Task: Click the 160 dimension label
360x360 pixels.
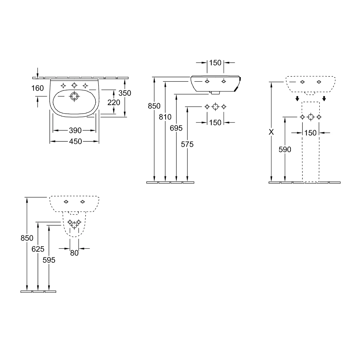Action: [x=38, y=88]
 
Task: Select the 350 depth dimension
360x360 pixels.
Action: [x=125, y=93]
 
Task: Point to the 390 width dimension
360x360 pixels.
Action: [x=75, y=130]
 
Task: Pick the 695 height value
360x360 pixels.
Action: [x=176, y=128]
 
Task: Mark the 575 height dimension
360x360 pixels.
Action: [x=188, y=144]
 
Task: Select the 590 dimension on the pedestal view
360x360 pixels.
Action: [x=285, y=149]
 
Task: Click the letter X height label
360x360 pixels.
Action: [x=271, y=132]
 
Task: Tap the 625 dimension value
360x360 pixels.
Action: [x=38, y=249]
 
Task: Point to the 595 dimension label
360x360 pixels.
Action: [x=49, y=260]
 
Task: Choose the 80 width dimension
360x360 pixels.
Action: [x=74, y=253]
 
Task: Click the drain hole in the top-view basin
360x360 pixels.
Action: [x=74, y=96]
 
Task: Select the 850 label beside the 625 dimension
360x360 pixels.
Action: [x=27, y=238]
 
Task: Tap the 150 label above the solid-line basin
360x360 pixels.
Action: [x=215, y=63]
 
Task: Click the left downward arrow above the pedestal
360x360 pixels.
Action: [x=297, y=99]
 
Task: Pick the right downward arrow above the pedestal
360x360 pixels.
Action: [x=324, y=99]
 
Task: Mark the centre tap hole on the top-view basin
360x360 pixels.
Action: [x=74, y=85]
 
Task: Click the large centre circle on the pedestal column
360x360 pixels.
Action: [x=311, y=117]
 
